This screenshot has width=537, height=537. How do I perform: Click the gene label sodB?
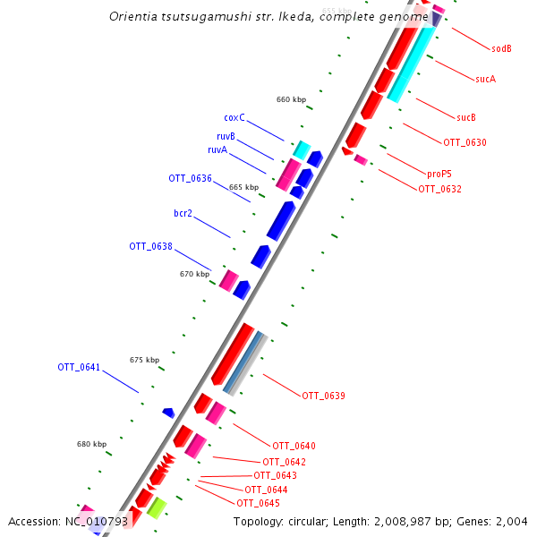coord(501,48)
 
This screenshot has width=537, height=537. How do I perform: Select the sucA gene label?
coord(485,79)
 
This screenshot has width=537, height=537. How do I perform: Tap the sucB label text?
coord(465,117)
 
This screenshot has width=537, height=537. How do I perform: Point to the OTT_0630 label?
coord(465,142)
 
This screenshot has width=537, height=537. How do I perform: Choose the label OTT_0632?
coord(439,189)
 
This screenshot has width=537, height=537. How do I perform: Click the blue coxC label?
coord(234,117)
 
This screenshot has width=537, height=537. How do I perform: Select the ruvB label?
coord(226,136)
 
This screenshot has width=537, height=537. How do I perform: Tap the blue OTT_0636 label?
coord(190,178)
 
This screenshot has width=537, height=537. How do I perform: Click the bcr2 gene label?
coord(183,213)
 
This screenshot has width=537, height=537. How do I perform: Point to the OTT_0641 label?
coord(79,367)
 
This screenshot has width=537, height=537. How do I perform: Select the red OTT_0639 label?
coord(323,395)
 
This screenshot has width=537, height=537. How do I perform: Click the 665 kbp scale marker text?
coord(243,187)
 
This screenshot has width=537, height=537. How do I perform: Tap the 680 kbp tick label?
coord(91,444)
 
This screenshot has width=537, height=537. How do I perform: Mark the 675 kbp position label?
coord(144,360)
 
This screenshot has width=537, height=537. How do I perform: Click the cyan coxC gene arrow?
coord(303,149)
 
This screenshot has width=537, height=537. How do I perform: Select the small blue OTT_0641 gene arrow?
coord(168,413)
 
